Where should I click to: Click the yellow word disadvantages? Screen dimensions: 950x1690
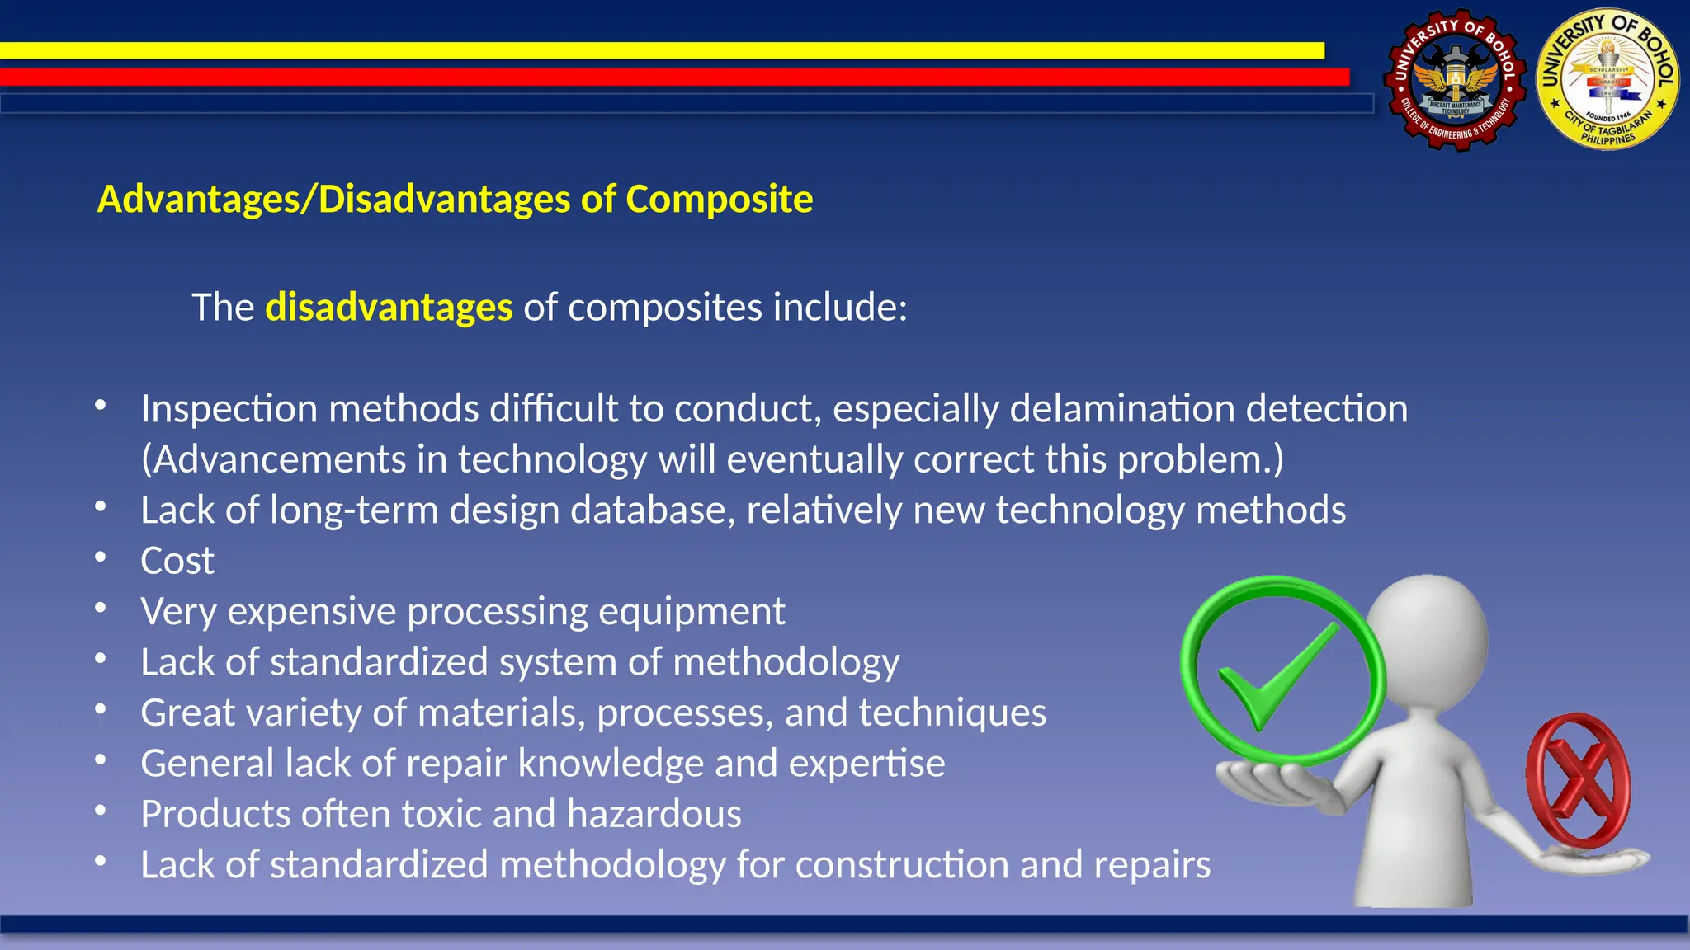(x=389, y=308)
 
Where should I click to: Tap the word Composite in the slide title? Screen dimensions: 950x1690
(x=719, y=200)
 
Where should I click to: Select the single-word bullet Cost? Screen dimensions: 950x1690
(x=177, y=562)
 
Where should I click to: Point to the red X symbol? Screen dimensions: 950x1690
(x=1577, y=782)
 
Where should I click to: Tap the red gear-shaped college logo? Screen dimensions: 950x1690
(x=1455, y=81)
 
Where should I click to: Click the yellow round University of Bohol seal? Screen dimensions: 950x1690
(x=1607, y=81)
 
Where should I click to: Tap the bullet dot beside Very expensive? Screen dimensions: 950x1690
(x=101, y=609)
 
